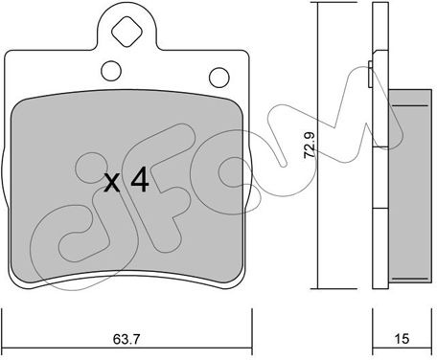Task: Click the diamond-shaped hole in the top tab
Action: click(x=126, y=32)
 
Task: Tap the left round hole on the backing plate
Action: click(x=111, y=71)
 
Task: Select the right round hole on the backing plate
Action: click(x=219, y=77)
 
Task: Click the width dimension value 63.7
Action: click(x=126, y=339)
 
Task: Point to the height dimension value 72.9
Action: click(x=310, y=145)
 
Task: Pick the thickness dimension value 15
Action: click(x=402, y=339)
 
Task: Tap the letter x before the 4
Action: click(x=112, y=183)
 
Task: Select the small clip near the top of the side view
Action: click(x=370, y=74)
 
